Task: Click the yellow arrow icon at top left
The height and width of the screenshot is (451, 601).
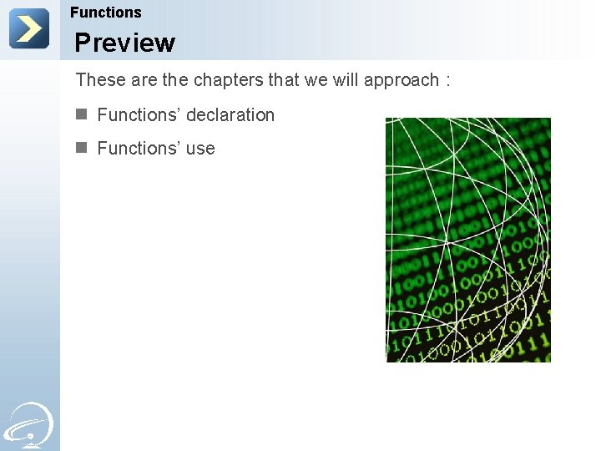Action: click(x=29, y=29)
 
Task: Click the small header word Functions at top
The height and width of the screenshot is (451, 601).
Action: click(x=106, y=13)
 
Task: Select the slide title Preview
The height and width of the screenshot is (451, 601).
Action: click(x=124, y=43)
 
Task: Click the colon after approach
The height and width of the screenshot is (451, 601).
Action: click(x=448, y=81)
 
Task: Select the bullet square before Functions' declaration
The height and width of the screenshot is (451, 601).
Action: click(x=81, y=114)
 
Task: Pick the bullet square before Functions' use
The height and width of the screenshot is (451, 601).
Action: click(x=81, y=148)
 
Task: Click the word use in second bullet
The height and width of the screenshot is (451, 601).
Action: click(x=200, y=149)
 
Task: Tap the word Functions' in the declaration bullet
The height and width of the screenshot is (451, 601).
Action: click(x=137, y=115)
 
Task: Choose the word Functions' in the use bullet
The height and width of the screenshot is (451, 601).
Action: click(x=137, y=149)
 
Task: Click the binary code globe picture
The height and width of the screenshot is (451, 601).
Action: click(x=467, y=240)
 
